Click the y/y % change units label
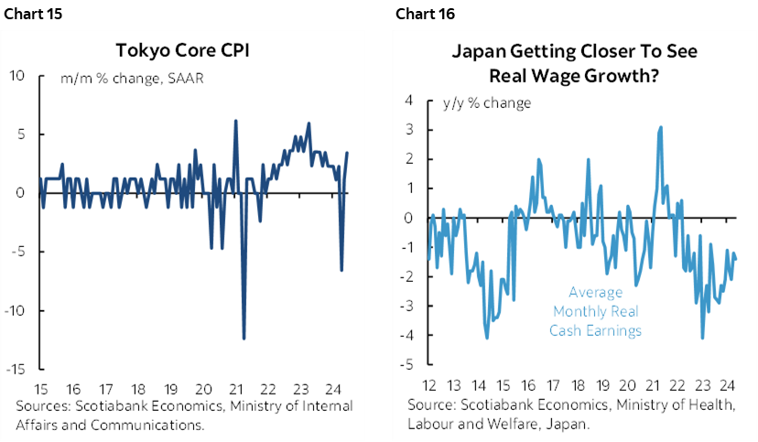pos(486,102)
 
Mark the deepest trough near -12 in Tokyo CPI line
pos(244,339)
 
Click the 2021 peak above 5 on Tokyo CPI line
pos(236,121)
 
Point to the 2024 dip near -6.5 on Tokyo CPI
pos(341,270)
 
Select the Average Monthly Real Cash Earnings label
pos(595,311)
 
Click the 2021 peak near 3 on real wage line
pos(660,128)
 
